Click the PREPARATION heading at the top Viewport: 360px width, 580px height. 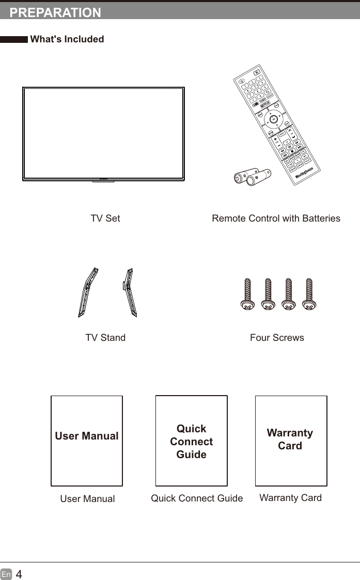point(55,13)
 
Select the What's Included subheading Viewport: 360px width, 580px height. point(67,39)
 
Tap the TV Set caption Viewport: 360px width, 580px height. point(105,218)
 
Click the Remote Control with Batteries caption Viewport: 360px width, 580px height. point(276,218)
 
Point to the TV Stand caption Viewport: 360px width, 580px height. point(105,338)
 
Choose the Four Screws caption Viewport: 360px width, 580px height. point(277,338)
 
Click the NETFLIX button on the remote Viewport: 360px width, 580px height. point(265,103)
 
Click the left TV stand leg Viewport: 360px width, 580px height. point(88,292)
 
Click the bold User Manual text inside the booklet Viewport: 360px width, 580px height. point(87,436)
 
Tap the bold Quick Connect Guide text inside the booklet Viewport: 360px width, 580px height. point(191,442)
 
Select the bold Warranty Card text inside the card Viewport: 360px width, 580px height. point(290,439)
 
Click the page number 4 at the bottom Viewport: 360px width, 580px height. point(19,574)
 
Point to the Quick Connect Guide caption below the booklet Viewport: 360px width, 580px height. point(197,498)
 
